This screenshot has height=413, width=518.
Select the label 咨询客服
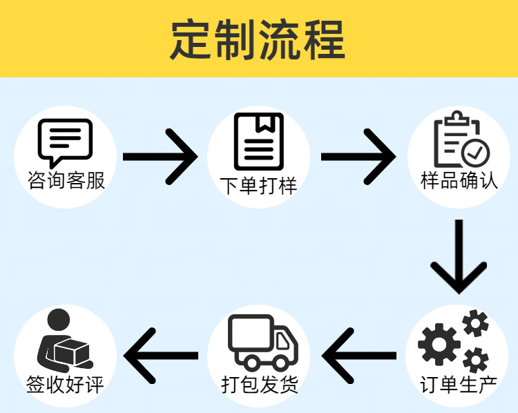[x=66, y=181]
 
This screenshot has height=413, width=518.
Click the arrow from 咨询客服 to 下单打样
[x=161, y=157]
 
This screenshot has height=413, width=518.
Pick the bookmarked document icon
[x=258, y=141]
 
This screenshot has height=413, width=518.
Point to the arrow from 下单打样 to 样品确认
[x=358, y=157]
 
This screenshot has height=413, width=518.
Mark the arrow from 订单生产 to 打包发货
[x=359, y=356]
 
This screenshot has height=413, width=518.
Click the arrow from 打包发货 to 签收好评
[x=160, y=356]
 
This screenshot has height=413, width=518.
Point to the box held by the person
[x=74, y=353]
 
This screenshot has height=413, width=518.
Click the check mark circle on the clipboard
[x=475, y=152]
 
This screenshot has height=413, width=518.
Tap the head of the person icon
[x=58, y=320]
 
